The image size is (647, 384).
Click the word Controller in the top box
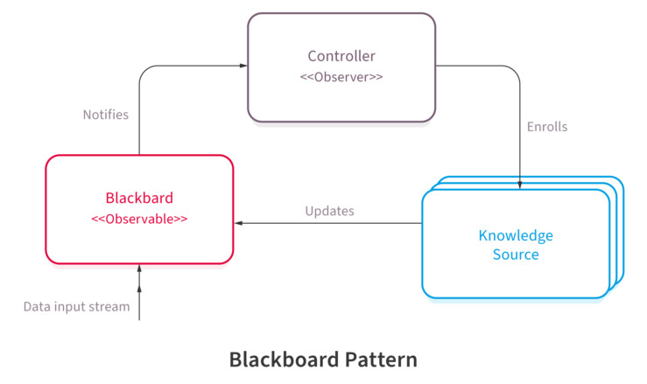341,56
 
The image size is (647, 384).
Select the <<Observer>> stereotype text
341,77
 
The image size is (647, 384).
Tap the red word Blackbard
139,198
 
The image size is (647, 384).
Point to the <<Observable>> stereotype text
139,219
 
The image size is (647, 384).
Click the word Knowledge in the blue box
516,236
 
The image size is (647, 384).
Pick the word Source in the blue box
516,255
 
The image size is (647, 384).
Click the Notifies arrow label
106,115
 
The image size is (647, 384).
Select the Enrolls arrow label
547,127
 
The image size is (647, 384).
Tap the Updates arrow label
330,211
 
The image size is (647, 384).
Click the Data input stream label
77,306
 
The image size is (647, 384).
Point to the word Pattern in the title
381,360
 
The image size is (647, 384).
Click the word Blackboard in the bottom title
285,360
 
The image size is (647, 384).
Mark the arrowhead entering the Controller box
243,66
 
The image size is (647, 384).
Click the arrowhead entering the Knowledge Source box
520,185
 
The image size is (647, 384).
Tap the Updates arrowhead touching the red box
238,223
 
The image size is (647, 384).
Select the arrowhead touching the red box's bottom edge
139,269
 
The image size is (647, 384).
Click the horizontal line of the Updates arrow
328,223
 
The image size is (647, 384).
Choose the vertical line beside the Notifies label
139,117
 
